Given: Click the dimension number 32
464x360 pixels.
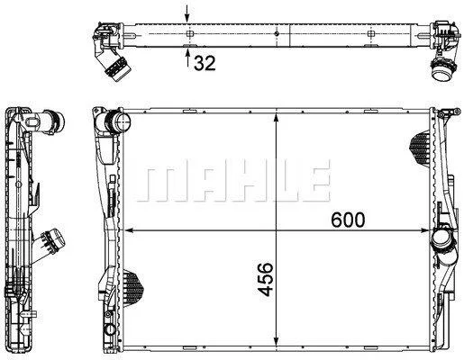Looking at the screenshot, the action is [205, 63].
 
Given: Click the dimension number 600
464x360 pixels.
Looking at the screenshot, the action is [348, 220].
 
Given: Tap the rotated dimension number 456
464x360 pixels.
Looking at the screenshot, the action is [266, 279].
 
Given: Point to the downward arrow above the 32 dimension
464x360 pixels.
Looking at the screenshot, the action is [187, 13].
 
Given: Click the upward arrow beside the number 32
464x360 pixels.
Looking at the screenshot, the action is [187, 58].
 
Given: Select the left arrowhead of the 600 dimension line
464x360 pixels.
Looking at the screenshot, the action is [129, 230].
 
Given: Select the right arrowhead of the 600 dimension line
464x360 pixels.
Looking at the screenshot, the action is [425, 230].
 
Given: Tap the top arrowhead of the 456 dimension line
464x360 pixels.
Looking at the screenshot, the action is [277, 118].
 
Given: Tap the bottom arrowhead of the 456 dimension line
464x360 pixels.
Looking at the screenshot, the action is [277, 341].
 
